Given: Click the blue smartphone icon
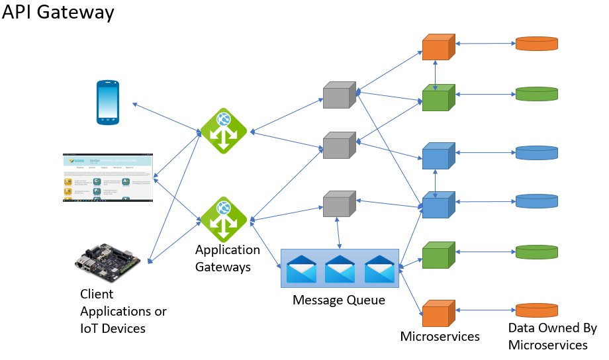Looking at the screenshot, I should (x=109, y=102).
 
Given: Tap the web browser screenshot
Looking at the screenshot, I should (x=107, y=178).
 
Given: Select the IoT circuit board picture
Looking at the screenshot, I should (x=107, y=263).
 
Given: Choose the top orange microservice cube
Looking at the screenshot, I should (x=436, y=47).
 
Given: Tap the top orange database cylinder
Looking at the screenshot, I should (x=537, y=44).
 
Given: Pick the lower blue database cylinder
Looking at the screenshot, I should (x=537, y=201).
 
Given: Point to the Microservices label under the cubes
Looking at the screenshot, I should (x=440, y=336).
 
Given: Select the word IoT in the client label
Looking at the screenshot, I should (x=90, y=328).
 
